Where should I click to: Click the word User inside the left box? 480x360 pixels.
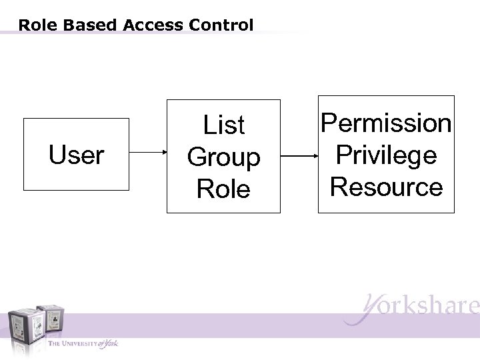coord(76,155)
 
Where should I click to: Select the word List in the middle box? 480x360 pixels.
coord(223,125)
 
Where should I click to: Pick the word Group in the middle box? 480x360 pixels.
coord(223,157)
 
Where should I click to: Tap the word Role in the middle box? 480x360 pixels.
coord(223,189)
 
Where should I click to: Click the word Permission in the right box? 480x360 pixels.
coord(386,123)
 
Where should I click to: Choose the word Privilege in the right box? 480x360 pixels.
coord(386,155)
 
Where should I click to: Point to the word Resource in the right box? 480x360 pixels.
coord(386,187)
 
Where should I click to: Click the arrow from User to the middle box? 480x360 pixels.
coord(147,155)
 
